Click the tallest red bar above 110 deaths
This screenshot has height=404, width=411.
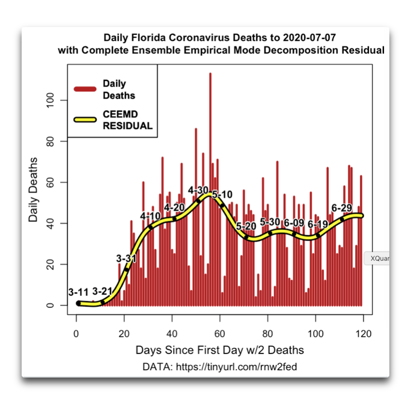(x=210, y=189)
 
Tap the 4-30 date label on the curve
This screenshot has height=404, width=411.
(x=198, y=190)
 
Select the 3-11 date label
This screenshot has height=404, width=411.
(x=78, y=292)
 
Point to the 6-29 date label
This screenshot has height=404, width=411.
(x=341, y=208)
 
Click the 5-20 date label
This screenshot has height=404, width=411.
(x=246, y=226)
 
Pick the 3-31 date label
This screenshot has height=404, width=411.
(x=126, y=259)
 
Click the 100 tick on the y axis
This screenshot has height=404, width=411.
(x=50, y=100)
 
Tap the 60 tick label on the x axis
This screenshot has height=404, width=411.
(x=220, y=334)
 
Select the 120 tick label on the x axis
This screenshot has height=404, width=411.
(x=364, y=334)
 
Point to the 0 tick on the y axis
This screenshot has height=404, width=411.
(x=50, y=305)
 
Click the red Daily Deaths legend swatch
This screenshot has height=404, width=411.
(x=85, y=89)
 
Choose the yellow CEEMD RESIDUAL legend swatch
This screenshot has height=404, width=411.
(x=85, y=120)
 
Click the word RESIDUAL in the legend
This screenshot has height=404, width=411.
(x=127, y=126)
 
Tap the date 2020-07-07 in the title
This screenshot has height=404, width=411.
(x=309, y=37)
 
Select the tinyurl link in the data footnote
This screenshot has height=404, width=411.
(x=236, y=367)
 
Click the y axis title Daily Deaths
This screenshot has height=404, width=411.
(x=33, y=189)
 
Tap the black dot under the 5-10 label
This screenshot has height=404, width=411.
(x=222, y=206)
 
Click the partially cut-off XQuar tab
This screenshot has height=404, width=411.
(x=377, y=259)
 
